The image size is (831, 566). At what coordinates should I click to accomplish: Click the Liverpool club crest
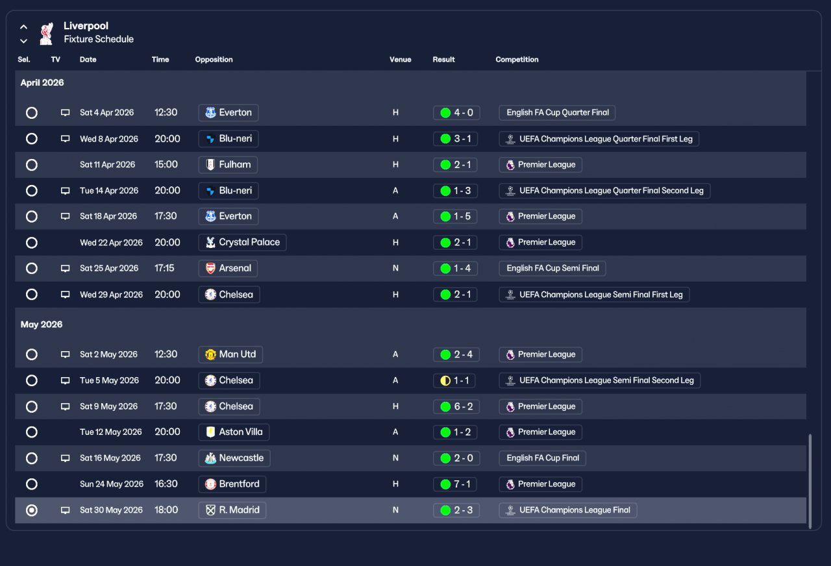(45, 34)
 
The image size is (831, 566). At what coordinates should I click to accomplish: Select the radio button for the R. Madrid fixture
(31, 510)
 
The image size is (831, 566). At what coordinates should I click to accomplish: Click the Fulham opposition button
(228, 165)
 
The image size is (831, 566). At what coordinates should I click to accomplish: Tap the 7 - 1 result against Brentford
(456, 484)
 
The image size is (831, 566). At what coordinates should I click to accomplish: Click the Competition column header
(517, 60)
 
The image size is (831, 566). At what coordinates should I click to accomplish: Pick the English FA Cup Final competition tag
(543, 458)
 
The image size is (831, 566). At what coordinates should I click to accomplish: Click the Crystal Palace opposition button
(242, 243)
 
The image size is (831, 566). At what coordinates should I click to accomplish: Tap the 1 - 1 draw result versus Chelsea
(454, 380)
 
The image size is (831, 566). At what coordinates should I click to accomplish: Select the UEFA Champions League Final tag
(567, 510)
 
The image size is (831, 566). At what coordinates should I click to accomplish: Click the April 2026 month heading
(42, 83)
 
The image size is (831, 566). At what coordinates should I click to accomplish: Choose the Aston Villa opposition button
(234, 432)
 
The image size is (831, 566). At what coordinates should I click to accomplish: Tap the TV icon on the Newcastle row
(65, 458)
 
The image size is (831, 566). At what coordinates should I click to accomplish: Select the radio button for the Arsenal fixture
(31, 269)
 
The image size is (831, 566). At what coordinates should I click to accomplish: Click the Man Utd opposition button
(230, 354)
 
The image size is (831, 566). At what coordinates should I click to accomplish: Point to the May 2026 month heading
(42, 325)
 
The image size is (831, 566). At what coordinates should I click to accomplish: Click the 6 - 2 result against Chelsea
(456, 406)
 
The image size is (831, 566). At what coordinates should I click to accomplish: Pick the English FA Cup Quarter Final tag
(557, 113)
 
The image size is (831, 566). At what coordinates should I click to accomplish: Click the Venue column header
(400, 60)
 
